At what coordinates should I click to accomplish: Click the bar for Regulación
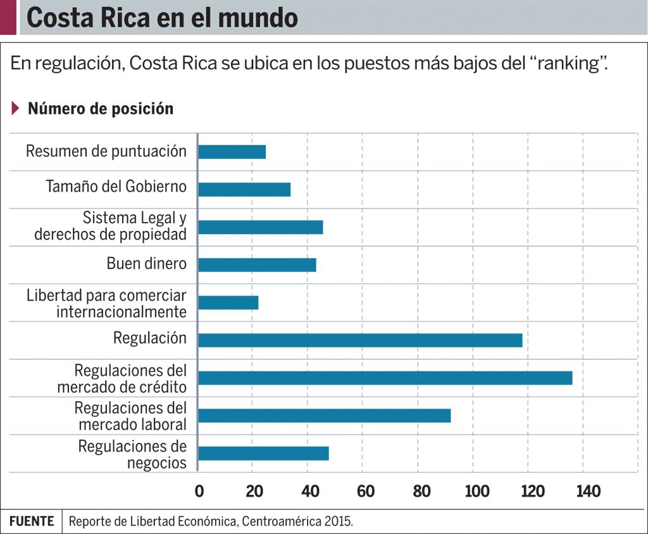[x=360, y=340]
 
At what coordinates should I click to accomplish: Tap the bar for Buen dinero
[x=257, y=265]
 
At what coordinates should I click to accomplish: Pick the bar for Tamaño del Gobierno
[x=244, y=189]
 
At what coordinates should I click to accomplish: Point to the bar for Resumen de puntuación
[x=232, y=152]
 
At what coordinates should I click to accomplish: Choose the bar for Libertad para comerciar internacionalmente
[x=228, y=302]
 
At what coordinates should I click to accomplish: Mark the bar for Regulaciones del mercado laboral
[x=324, y=416]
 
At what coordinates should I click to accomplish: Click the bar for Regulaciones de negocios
[x=263, y=454]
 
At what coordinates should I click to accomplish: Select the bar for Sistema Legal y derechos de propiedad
[x=260, y=227]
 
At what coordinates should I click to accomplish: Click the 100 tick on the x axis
[x=477, y=492]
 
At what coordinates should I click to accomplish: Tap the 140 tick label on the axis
[x=587, y=492]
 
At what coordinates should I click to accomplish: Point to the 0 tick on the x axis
[x=199, y=492]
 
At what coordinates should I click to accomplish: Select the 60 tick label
[x=365, y=492]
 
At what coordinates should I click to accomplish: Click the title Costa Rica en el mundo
[x=162, y=18]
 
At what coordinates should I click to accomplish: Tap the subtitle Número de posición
[x=101, y=109]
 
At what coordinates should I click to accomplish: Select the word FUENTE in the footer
[x=32, y=521]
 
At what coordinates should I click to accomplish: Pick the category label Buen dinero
[x=146, y=264]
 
